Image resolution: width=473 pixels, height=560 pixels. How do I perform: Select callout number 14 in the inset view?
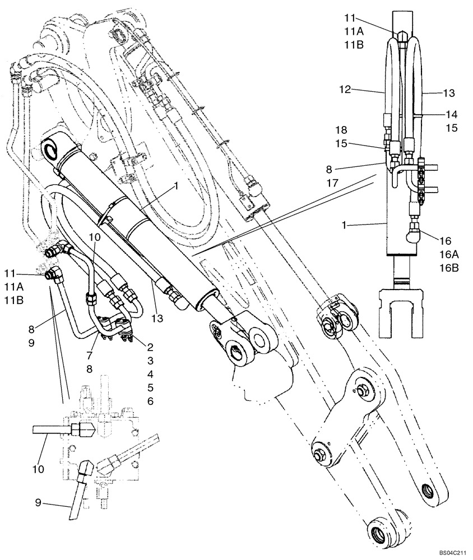pos(452,114)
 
